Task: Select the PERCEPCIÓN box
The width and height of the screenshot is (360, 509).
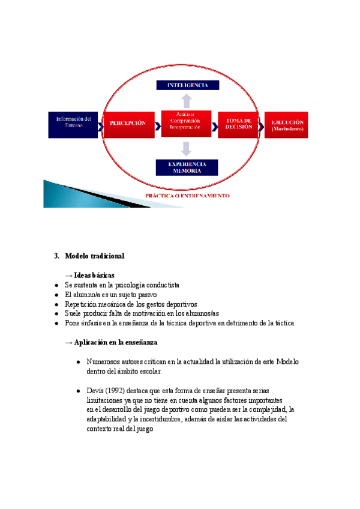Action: [127, 123]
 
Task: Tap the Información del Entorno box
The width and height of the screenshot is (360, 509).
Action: [73, 124]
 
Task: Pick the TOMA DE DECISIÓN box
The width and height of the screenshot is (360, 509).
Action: [238, 124]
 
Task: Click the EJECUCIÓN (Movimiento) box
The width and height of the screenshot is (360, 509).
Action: [287, 125]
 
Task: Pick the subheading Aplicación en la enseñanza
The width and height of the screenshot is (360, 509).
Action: [115, 342]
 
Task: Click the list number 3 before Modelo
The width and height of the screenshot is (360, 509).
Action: [56, 256]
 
